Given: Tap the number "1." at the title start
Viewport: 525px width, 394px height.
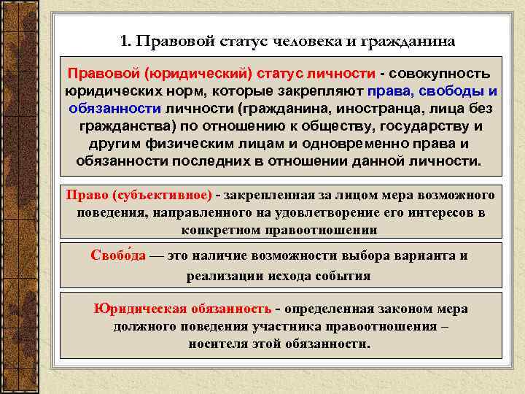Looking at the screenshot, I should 125,42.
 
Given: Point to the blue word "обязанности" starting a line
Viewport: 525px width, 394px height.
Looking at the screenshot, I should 115,109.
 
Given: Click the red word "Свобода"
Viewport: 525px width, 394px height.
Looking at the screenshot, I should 118,256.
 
